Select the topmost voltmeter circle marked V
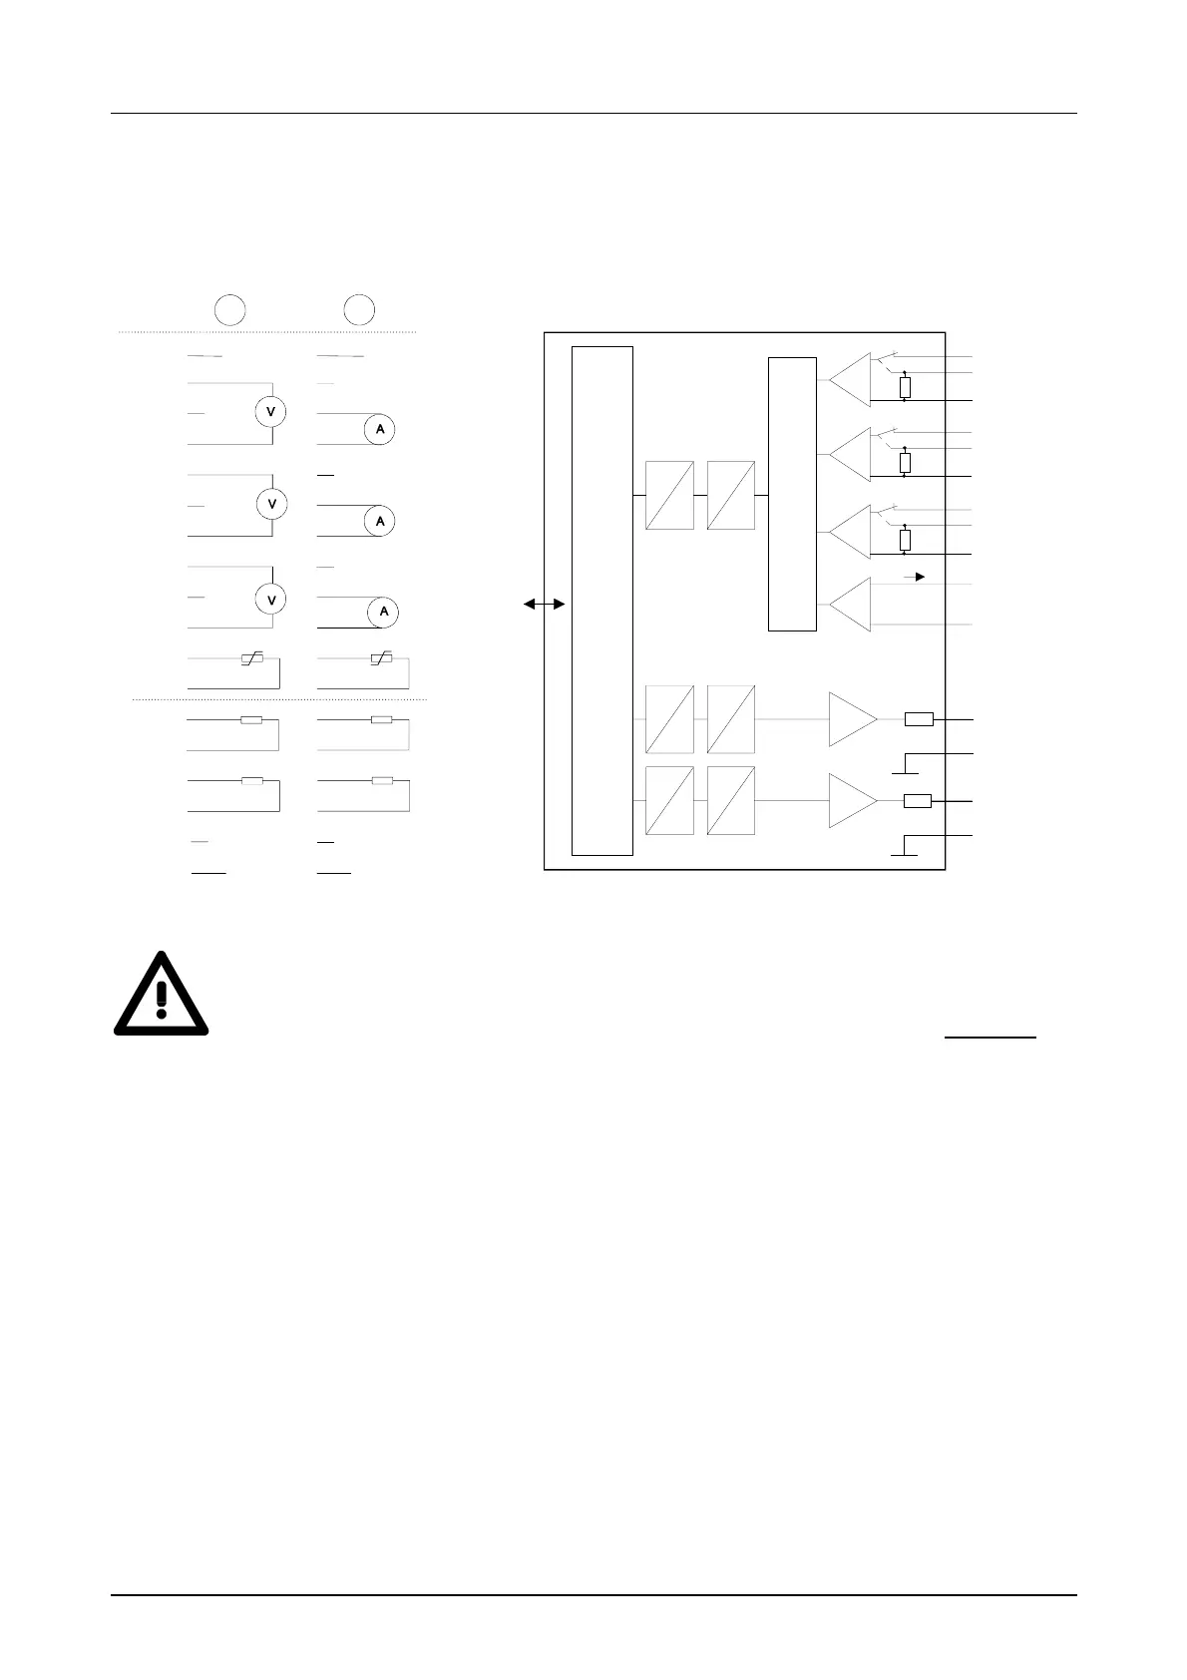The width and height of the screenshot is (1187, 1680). [271, 411]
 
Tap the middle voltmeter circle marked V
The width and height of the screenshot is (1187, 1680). [271, 505]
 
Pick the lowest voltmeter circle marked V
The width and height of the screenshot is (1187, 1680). [271, 599]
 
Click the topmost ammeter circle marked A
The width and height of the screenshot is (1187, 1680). [379, 429]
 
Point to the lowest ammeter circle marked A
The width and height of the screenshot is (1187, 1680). [383, 612]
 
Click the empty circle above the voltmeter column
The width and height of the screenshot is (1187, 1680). [229, 309]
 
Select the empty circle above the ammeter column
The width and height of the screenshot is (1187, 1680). [359, 309]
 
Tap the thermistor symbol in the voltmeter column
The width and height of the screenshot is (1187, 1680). [250, 659]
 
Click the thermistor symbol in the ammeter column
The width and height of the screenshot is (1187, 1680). [380, 659]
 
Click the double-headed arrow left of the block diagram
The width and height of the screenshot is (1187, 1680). [545, 605]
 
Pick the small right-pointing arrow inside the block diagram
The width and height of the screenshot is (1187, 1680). [915, 577]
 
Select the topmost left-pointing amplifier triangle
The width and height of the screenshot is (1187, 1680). [849, 379]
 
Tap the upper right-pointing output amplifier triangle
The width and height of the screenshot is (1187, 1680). [853, 719]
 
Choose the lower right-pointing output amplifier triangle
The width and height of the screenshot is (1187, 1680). [853, 800]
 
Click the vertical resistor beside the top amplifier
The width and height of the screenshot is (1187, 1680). [905, 387]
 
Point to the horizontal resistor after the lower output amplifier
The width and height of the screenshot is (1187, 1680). [918, 800]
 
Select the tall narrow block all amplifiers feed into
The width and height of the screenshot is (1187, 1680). [792, 494]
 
